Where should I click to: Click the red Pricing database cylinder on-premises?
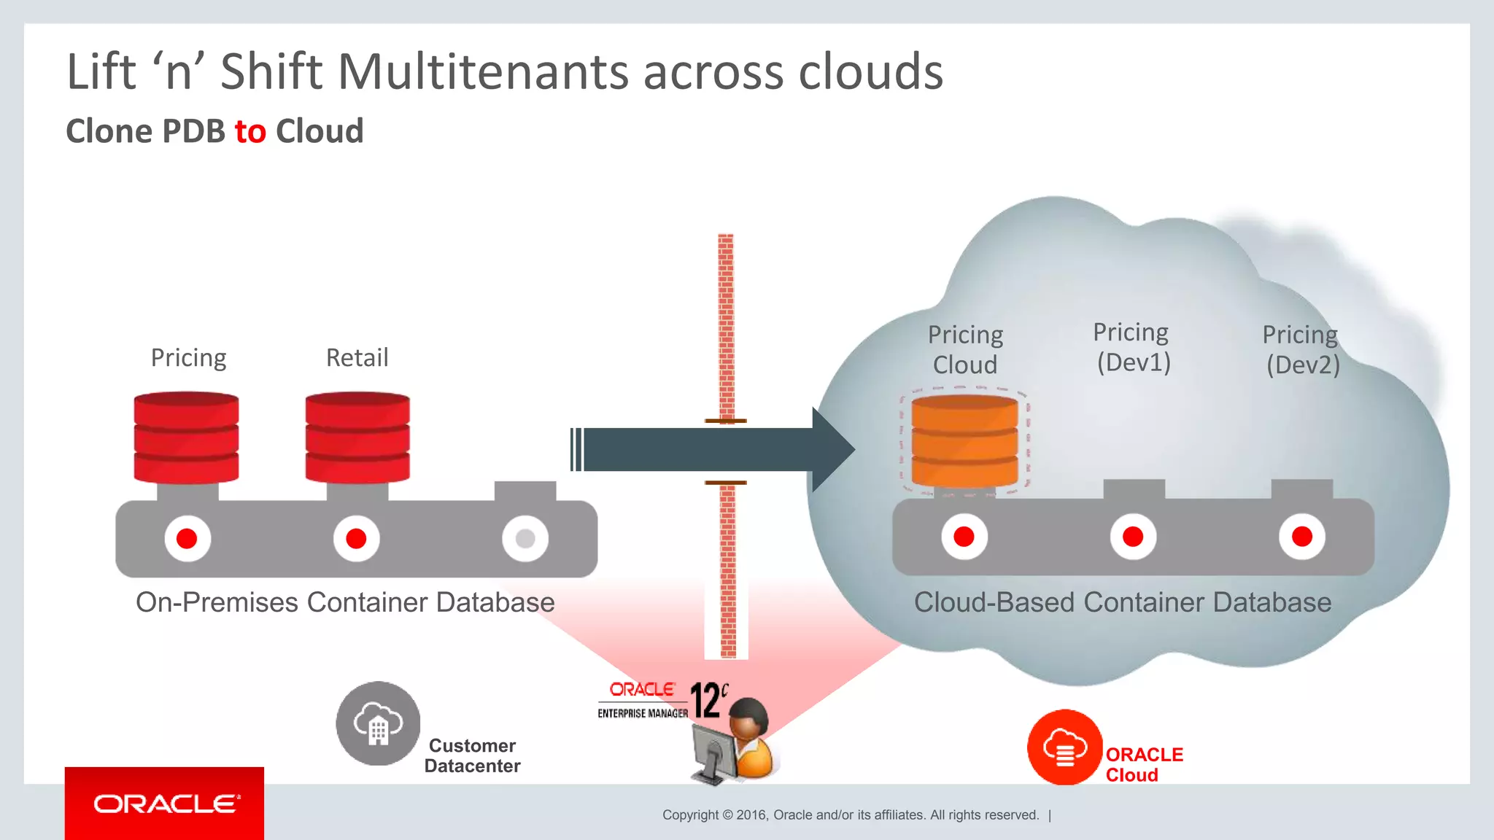pyautogui.click(x=186, y=437)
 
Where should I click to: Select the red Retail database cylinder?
pyautogui.click(x=357, y=437)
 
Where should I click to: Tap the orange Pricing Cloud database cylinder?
pyautogui.click(x=964, y=441)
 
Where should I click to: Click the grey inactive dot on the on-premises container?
pyautogui.click(x=525, y=538)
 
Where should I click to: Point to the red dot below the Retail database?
pyautogui.click(x=356, y=538)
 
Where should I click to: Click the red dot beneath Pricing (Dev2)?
pyautogui.click(x=1301, y=537)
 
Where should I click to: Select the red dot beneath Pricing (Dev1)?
pyautogui.click(x=1133, y=537)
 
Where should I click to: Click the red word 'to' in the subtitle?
pyautogui.click(x=250, y=132)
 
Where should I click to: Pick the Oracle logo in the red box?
pyautogui.click(x=165, y=804)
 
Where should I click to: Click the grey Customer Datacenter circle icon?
pyautogui.click(x=378, y=723)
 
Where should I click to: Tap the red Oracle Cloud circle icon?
pyautogui.click(x=1064, y=747)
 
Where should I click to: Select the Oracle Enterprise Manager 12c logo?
pyautogui.click(x=661, y=701)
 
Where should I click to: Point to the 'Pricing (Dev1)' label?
pyautogui.click(x=1132, y=347)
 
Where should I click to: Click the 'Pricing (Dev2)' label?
pyautogui.click(x=1301, y=349)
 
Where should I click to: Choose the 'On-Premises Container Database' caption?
pyautogui.click(x=345, y=602)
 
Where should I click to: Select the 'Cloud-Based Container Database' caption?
pyautogui.click(x=1123, y=602)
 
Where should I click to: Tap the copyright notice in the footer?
pyautogui.click(x=851, y=815)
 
